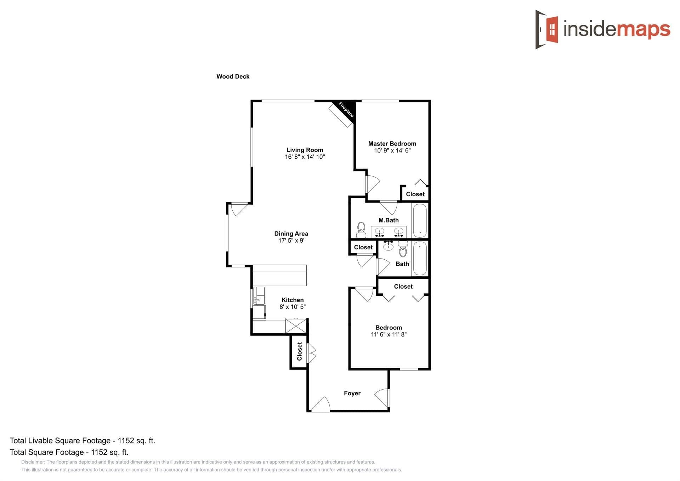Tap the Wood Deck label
click(233, 77)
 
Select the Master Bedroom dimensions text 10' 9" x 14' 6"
click(392, 151)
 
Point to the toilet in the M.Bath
click(361, 230)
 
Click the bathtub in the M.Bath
click(420, 220)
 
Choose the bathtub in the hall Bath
click(420, 258)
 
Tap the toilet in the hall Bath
click(403, 249)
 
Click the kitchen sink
click(259, 296)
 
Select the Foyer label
click(352, 393)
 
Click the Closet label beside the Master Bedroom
click(415, 194)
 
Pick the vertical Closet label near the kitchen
click(300, 351)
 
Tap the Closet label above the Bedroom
click(403, 287)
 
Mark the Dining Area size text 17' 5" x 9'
click(291, 240)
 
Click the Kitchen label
click(292, 300)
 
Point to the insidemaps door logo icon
click(547, 29)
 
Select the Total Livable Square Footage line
click(82, 441)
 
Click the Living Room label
click(305, 150)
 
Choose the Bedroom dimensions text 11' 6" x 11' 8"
click(389, 334)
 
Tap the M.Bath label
click(389, 220)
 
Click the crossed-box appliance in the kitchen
click(296, 326)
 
